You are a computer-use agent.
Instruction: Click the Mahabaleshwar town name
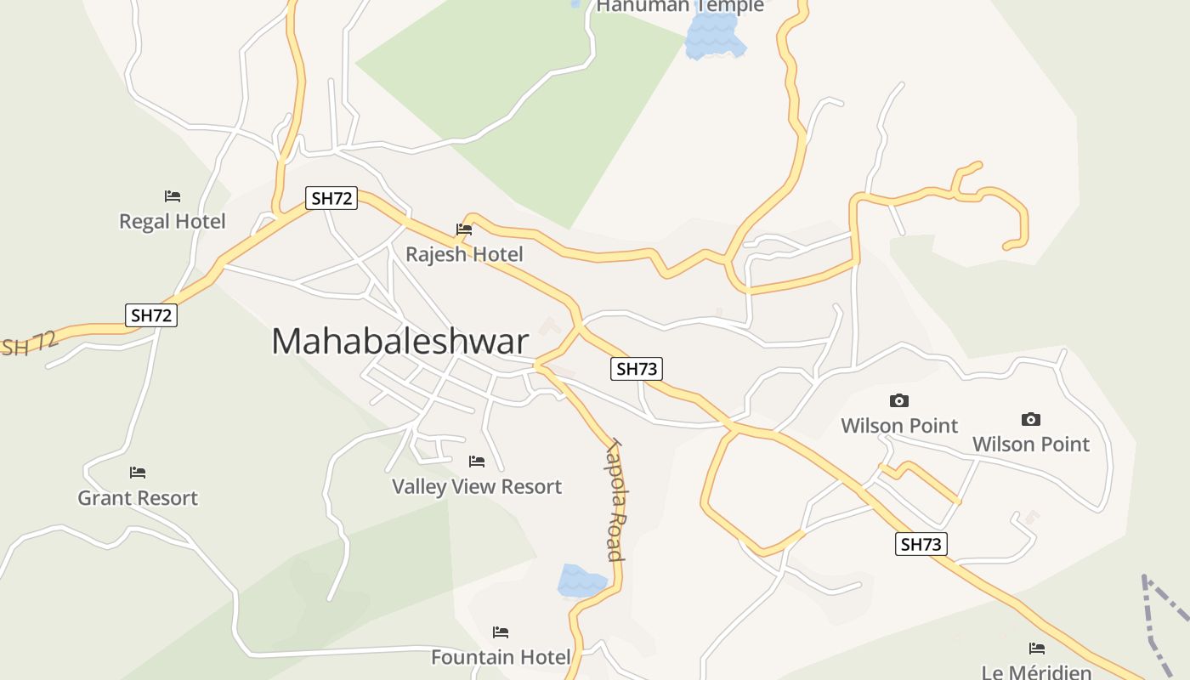click(x=399, y=342)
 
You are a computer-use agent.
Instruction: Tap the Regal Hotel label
click(x=173, y=222)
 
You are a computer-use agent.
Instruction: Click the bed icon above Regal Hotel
click(x=173, y=196)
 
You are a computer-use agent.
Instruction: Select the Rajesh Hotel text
click(x=464, y=254)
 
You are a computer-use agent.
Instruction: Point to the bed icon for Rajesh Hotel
click(x=464, y=229)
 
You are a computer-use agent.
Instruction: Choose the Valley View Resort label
click(x=477, y=487)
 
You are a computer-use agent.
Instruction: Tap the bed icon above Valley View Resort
click(x=477, y=462)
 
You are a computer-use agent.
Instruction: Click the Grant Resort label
click(x=138, y=498)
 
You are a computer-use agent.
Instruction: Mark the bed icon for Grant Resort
click(x=138, y=473)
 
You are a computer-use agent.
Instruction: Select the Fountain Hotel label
click(x=501, y=657)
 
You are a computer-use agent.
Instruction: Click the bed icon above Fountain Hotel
click(x=501, y=632)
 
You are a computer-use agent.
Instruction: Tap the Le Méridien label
click(x=1036, y=672)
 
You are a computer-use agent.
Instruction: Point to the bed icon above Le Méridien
click(x=1037, y=649)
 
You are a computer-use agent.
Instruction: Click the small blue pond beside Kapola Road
click(x=581, y=581)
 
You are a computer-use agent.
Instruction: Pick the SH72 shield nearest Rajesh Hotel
click(x=331, y=199)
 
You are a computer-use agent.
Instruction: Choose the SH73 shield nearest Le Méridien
click(x=921, y=544)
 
